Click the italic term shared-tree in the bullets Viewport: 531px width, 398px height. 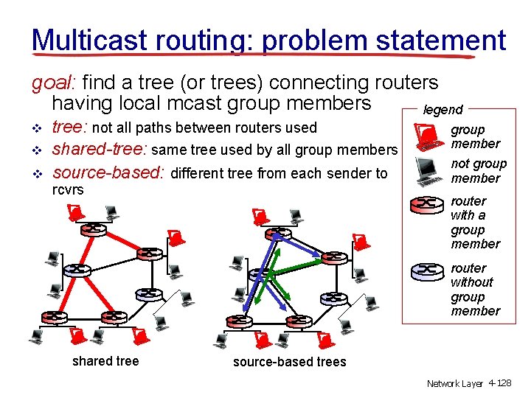coord(98,150)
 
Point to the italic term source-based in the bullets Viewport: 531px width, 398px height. coord(109,174)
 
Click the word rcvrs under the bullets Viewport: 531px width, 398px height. coord(67,189)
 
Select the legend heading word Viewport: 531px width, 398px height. coord(442,110)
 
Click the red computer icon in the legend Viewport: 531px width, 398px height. coord(426,136)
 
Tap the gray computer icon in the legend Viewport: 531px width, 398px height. coord(426,170)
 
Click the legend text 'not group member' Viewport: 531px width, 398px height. coord(479,171)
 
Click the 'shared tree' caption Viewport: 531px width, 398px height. coord(105,361)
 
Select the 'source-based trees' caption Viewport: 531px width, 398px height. coord(289,362)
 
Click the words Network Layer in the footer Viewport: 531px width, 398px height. coord(454,384)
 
